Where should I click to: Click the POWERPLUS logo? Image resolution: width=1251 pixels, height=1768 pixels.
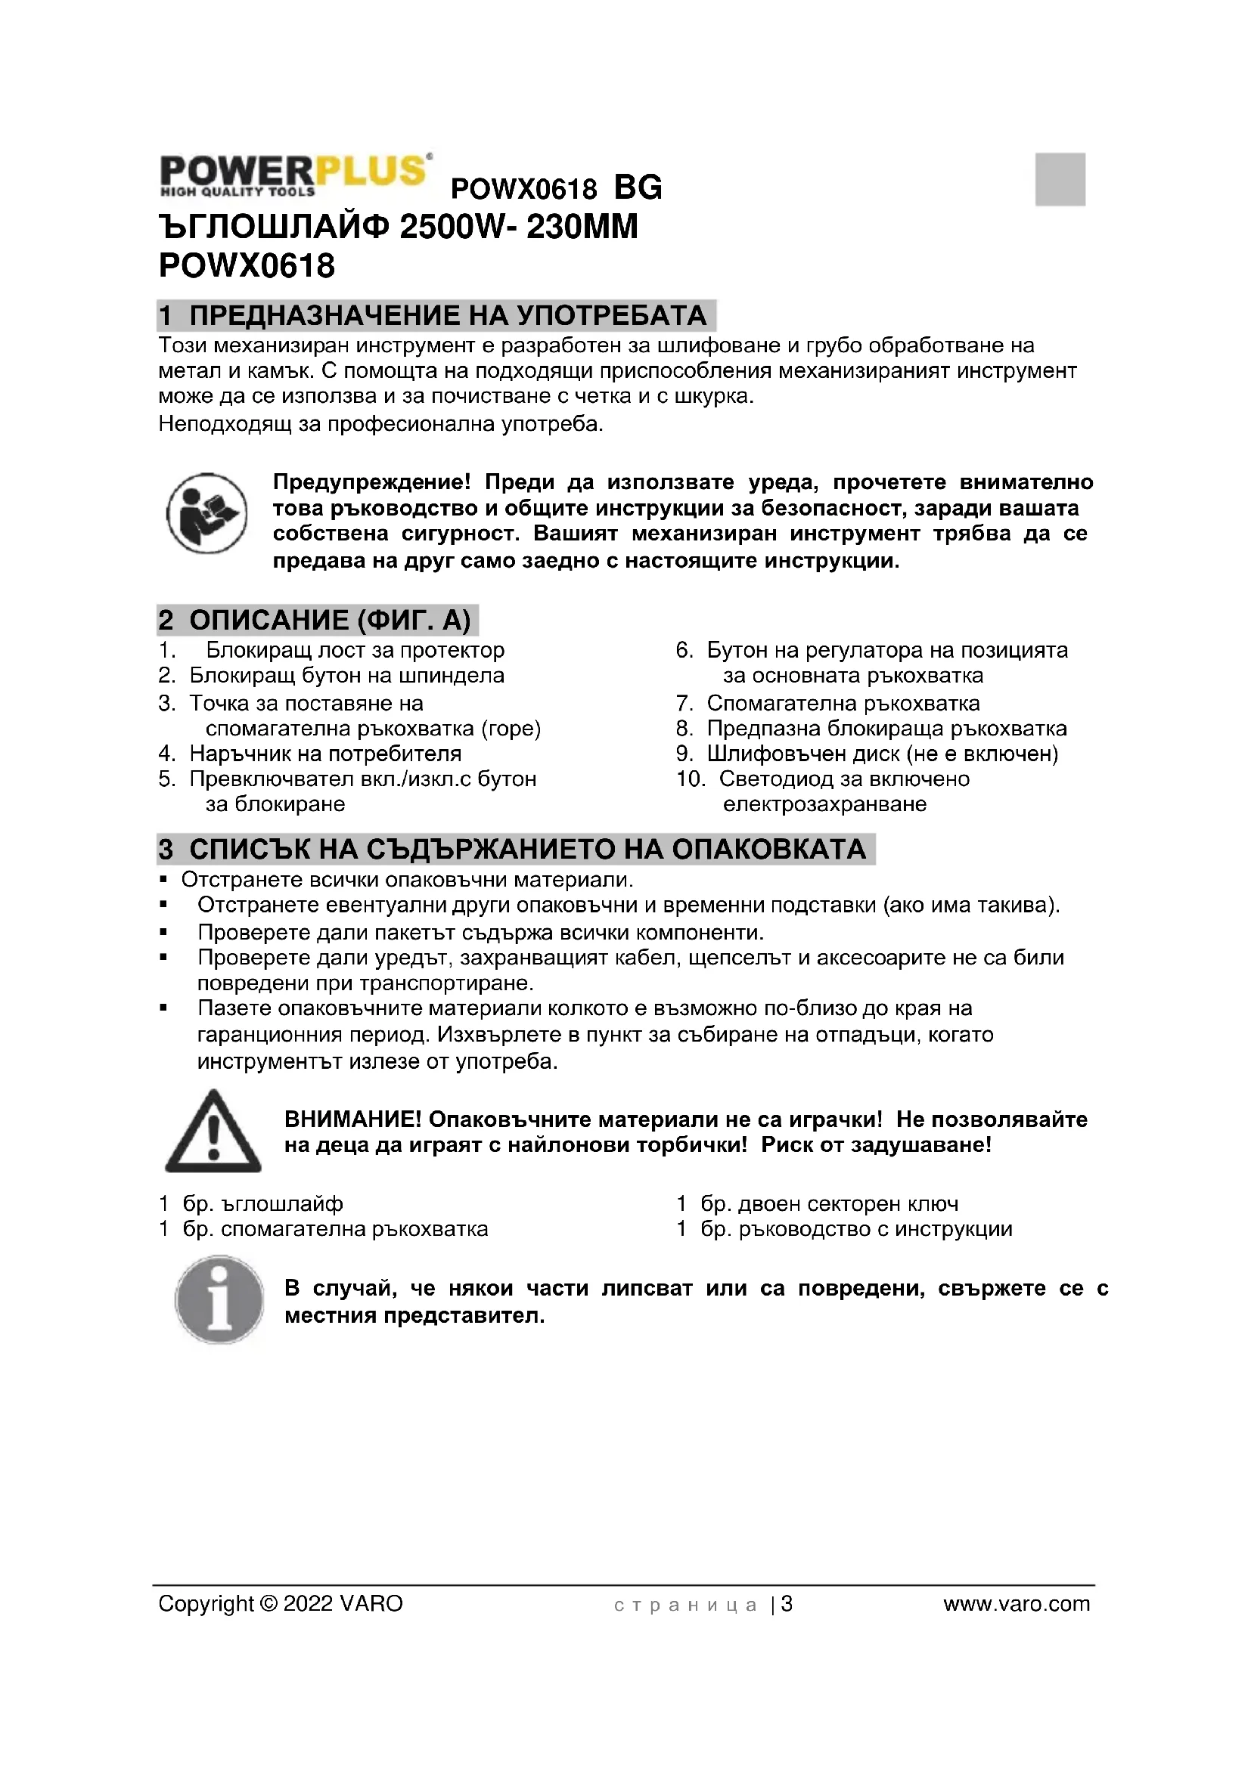(294, 174)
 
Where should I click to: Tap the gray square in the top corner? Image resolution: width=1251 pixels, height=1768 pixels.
(1059, 178)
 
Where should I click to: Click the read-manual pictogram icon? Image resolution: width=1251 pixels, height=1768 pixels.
(206, 512)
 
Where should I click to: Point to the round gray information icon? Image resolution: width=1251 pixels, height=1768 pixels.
(219, 1301)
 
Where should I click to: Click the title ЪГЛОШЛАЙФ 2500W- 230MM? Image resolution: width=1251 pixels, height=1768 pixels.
(399, 228)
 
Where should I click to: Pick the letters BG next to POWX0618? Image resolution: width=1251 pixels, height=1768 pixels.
(638, 187)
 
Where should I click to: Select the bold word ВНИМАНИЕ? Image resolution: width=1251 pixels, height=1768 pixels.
(352, 1119)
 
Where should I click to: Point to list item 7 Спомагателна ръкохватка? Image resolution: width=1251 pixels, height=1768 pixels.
(843, 703)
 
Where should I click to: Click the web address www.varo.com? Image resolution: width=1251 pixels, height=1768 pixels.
(1016, 1604)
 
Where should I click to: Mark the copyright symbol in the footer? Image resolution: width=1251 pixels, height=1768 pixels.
(269, 1604)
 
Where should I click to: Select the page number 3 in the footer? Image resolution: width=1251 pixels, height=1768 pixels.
(787, 1604)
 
